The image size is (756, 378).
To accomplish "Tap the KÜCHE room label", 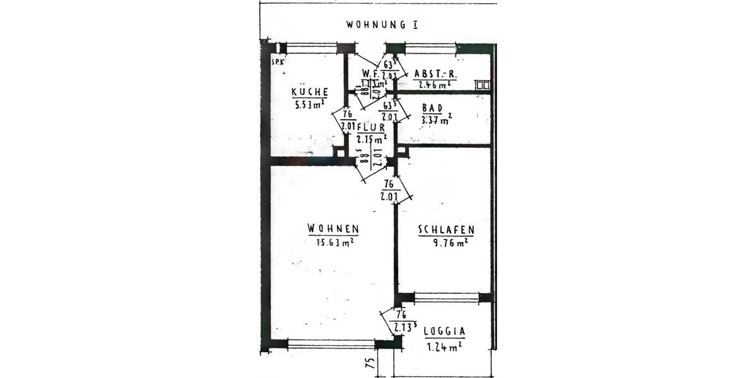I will (x=309, y=92).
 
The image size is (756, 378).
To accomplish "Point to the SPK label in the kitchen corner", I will (x=277, y=63).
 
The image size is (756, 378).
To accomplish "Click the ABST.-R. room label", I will (x=435, y=73).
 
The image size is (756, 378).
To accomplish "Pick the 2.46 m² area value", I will (x=434, y=84).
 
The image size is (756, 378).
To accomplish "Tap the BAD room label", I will (x=432, y=108).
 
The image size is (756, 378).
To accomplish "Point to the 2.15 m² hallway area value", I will (x=371, y=139).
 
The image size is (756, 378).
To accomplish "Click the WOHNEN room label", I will (x=333, y=228).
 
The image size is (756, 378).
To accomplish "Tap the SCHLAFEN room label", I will (x=446, y=231).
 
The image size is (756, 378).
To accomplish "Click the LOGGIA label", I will (x=445, y=331).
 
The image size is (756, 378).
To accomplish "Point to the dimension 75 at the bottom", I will (x=370, y=363).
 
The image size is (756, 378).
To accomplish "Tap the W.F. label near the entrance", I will (x=370, y=73).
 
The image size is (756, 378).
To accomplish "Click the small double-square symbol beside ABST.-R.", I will (x=483, y=84).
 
